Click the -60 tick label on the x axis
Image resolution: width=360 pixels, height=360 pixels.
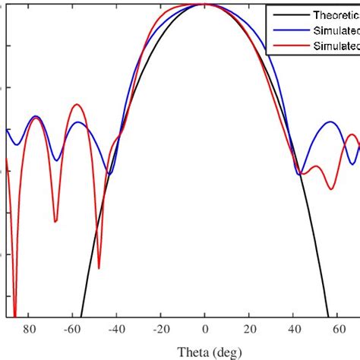[x=73, y=330]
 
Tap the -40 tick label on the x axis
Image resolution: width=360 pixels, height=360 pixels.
[x=117, y=330]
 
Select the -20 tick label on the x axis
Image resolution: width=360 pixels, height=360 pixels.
[x=160, y=330]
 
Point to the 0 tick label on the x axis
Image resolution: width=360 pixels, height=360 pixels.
[x=205, y=330]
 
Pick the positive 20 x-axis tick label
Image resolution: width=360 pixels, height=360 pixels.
[x=249, y=330]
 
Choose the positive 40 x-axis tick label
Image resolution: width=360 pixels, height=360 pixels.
[x=293, y=330]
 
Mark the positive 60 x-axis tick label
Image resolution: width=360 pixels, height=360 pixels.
[x=336, y=330]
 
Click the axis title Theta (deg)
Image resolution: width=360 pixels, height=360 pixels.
[x=205, y=351]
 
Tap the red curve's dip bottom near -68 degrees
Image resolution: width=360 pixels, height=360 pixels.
[x=55, y=221]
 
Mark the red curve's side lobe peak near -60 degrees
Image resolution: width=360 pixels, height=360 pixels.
[x=75, y=105]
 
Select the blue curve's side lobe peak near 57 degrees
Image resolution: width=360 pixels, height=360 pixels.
[x=330, y=122]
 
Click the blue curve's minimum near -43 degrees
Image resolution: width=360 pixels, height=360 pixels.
[x=109, y=175]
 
